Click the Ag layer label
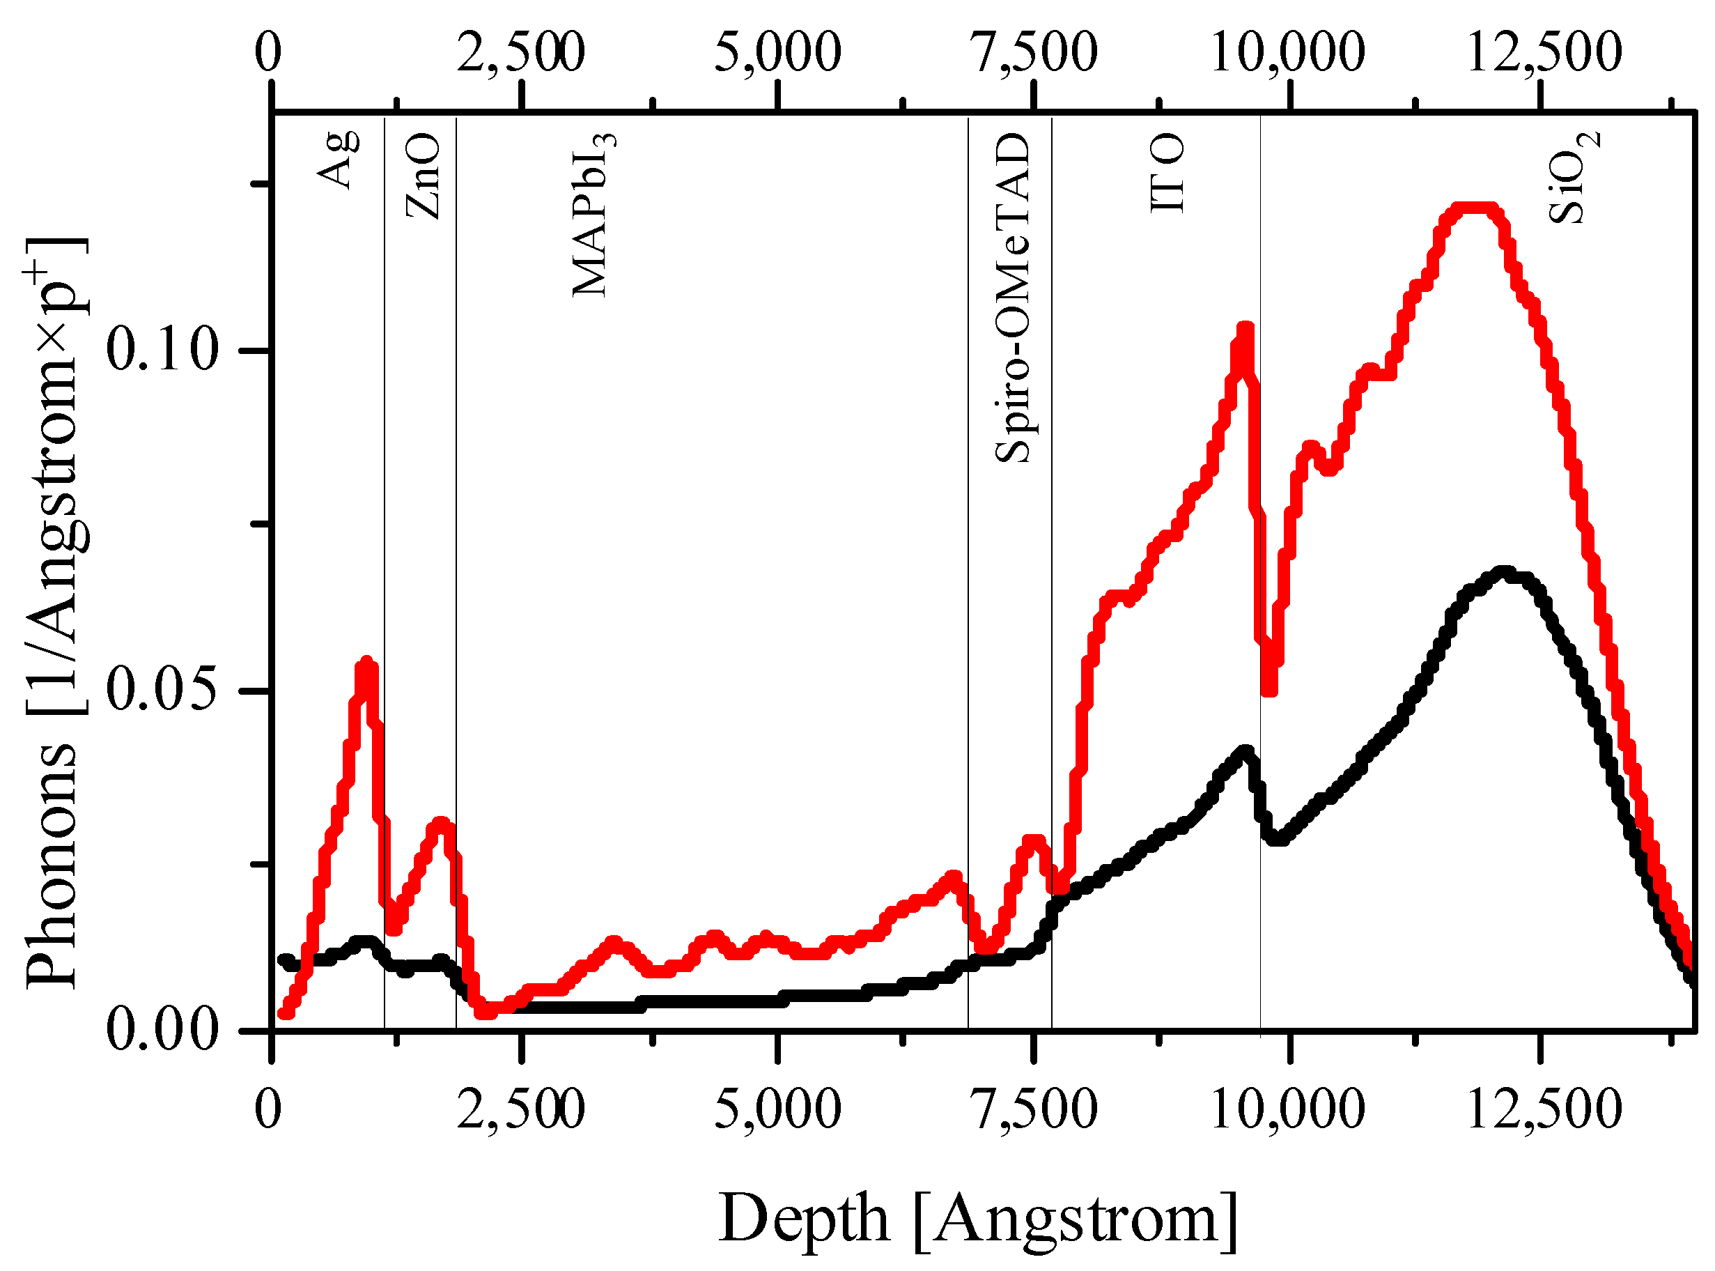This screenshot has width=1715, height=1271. [339, 160]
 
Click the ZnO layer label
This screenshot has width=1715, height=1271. [424, 176]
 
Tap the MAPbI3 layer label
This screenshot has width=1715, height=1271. [593, 215]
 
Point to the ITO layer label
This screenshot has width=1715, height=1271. [1167, 173]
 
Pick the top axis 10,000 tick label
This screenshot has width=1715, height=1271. [1288, 52]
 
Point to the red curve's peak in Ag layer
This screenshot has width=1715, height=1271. [367, 663]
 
